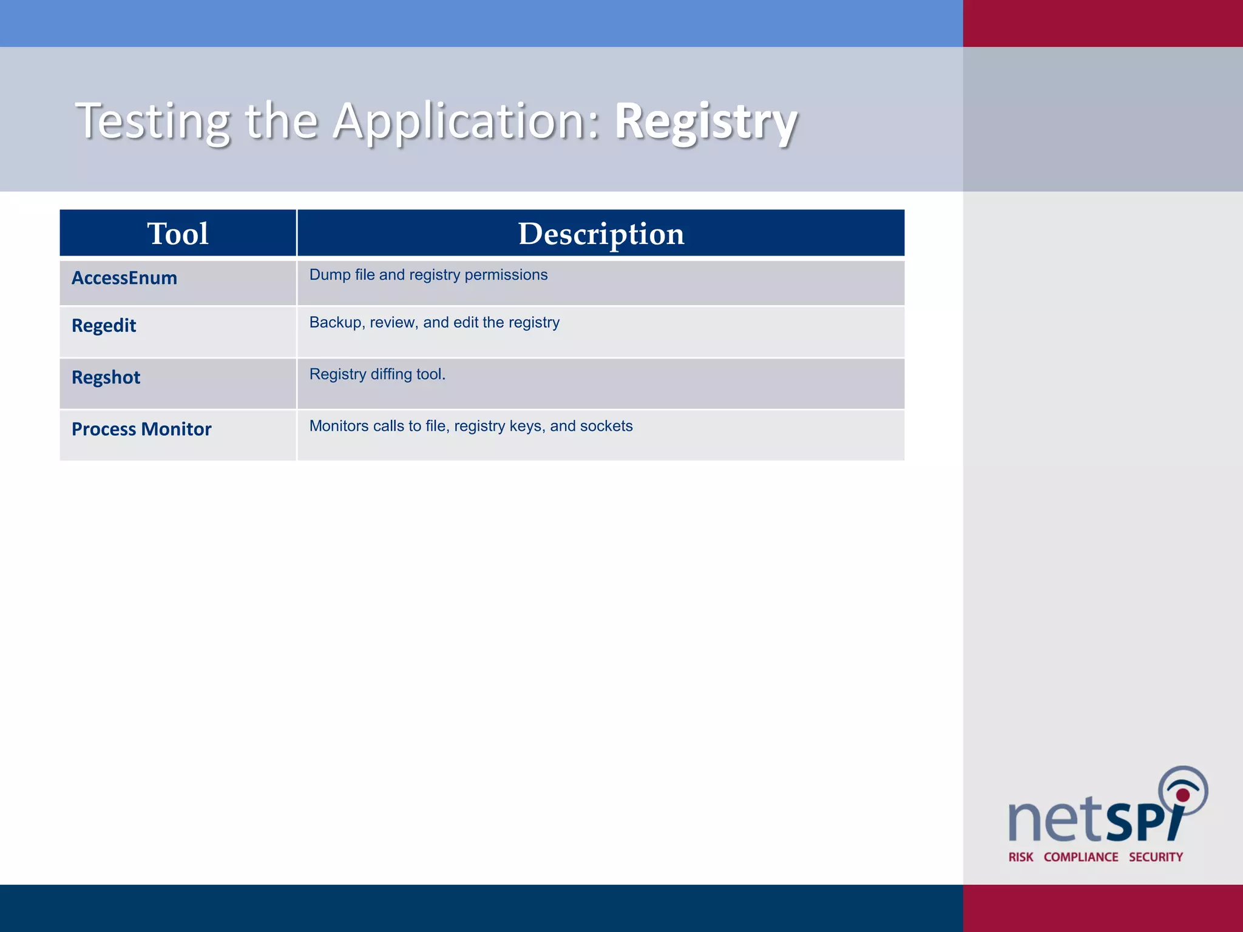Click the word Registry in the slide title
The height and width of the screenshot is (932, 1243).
point(706,121)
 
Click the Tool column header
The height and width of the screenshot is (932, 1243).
point(178,234)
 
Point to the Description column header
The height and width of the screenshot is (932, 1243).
point(601,234)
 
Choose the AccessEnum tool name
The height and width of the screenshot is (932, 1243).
point(124,278)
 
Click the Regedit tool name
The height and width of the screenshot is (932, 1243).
point(104,326)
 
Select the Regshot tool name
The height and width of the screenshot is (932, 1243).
point(106,377)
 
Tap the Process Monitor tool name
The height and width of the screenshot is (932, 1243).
point(141,429)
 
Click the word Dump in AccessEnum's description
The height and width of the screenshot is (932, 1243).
point(330,275)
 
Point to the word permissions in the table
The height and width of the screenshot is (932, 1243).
point(506,275)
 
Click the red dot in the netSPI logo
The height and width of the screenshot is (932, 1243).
point(1183,795)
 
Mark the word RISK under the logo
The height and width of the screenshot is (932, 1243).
point(1021,857)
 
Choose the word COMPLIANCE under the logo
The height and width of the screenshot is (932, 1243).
point(1081,857)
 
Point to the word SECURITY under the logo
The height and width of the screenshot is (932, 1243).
point(1156,857)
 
